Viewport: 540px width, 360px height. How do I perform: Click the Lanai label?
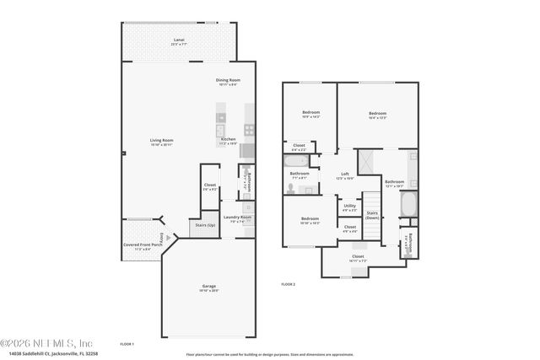point(179,39)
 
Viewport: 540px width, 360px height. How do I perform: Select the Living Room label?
point(162,142)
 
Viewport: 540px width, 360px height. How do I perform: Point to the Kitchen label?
point(229,140)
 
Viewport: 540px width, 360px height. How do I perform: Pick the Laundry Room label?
point(237,218)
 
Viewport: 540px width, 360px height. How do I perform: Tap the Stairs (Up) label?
point(206,226)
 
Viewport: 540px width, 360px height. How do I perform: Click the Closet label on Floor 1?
point(211,187)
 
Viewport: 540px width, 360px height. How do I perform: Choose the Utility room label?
point(349,207)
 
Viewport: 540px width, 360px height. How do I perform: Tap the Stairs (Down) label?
point(371,216)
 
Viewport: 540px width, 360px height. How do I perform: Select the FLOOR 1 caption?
point(127,344)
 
